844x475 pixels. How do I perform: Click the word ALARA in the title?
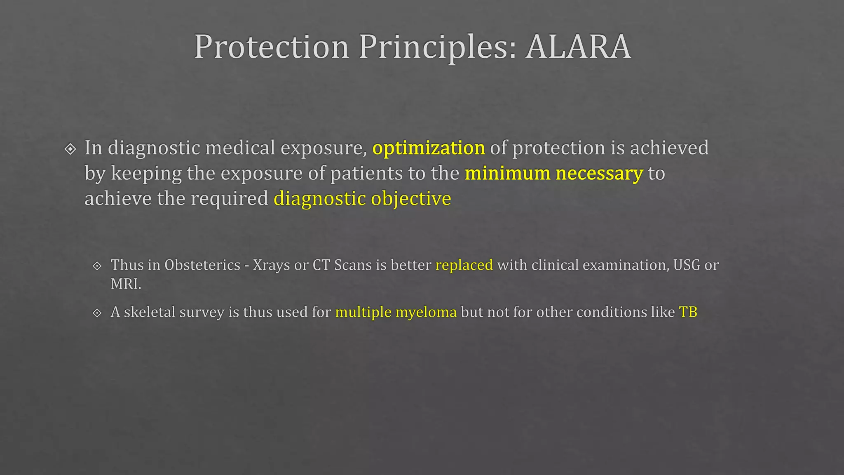click(x=578, y=47)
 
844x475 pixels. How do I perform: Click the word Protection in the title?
click(x=272, y=47)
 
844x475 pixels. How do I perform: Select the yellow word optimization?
click(x=429, y=148)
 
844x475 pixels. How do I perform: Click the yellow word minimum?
click(x=507, y=173)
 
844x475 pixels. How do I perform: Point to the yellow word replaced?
click(x=464, y=265)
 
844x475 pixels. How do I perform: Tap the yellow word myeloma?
click(x=426, y=312)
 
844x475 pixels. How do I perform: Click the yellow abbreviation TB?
click(x=688, y=312)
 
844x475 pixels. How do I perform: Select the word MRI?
click(x=125, y=284)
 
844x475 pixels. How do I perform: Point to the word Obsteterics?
click(x=202, y=265)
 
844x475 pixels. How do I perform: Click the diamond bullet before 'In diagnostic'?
click(x=70, y=149)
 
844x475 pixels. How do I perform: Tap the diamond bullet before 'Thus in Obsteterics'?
click(x=97, y=266)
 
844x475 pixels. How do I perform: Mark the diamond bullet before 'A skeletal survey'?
click(x=97, y=313)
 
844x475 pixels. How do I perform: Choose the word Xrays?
click(x=271, y=265)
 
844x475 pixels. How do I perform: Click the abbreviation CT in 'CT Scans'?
click(x=321, y=265)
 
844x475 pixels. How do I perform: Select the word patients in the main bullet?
click(x=366, y=173)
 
